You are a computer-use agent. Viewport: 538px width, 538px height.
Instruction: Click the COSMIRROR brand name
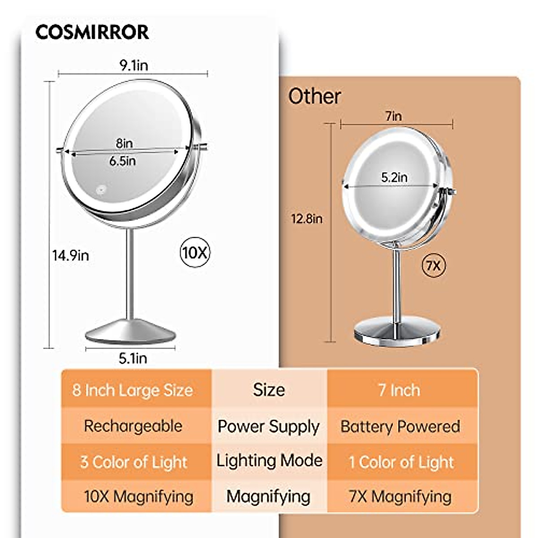92,32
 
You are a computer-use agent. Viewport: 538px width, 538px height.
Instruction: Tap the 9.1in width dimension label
133,65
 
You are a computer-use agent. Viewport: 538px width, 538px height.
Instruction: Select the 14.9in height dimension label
70,256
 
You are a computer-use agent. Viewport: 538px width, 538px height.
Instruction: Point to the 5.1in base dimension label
133,358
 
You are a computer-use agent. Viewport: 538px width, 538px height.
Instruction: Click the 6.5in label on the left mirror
122,161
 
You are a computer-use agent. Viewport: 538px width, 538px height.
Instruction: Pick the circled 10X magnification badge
195,253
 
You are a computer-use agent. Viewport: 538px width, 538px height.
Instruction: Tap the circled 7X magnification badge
434,266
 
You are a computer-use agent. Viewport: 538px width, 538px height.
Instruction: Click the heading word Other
314,96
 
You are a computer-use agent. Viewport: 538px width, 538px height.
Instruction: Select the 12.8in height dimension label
307,219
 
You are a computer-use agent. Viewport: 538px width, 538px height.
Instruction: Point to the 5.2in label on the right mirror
394,178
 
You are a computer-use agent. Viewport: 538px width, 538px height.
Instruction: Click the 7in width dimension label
394,117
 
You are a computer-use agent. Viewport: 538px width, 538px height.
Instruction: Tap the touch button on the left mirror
102,190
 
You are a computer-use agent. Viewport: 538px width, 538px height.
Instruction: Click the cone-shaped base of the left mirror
130,332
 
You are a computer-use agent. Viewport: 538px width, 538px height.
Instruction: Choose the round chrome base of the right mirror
396,332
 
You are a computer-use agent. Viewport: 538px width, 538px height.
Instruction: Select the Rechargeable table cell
133,426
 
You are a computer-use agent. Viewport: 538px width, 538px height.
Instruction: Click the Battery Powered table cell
400,426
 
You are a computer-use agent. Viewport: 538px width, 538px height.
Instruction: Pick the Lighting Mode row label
269,461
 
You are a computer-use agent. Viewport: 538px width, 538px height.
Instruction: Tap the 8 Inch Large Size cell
133,390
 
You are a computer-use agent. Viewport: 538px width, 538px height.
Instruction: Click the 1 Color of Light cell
401,462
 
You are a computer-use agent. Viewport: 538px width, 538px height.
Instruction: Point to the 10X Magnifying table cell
139,497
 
